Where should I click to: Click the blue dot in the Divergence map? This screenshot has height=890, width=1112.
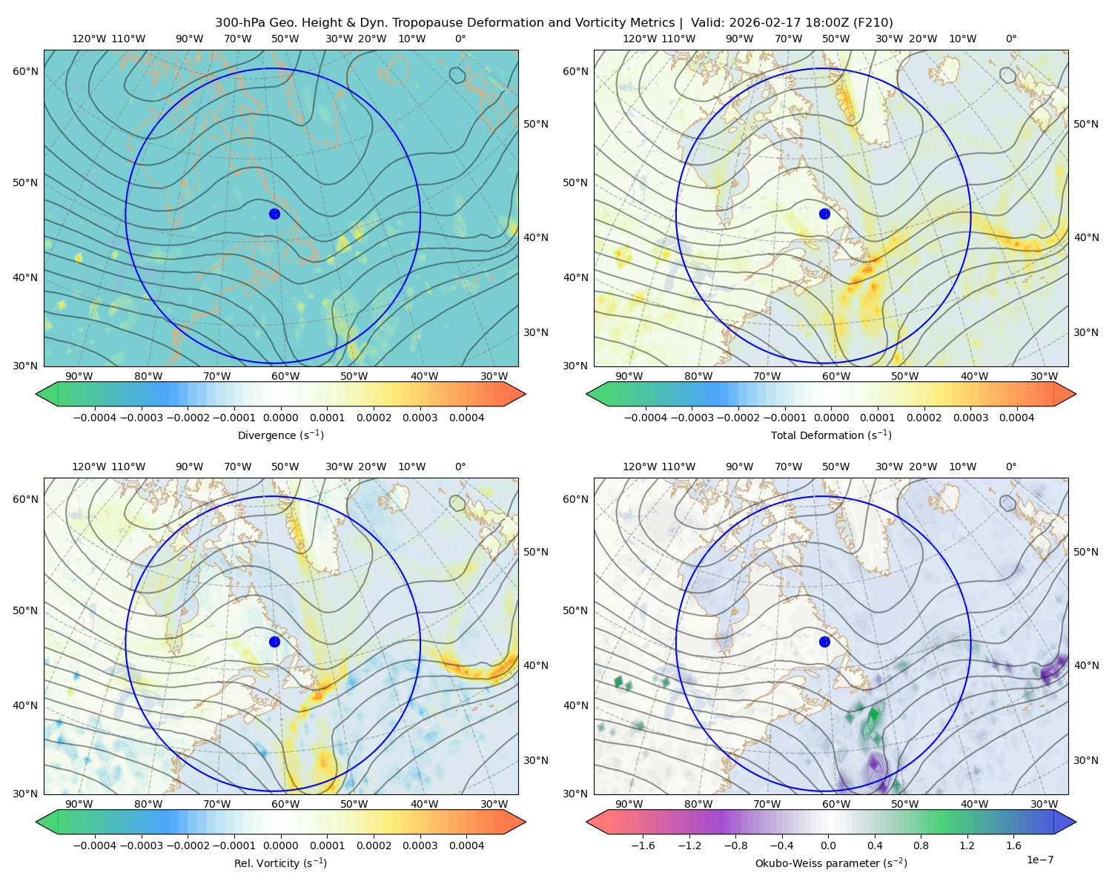coord(274,214)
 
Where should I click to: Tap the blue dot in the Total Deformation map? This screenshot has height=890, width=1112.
coord(824,214)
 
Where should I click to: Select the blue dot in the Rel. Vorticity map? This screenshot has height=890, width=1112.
coord(274,642)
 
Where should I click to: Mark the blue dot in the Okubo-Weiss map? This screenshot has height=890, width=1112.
coord(824,642)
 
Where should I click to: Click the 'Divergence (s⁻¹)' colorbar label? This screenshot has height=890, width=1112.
coord(280,435)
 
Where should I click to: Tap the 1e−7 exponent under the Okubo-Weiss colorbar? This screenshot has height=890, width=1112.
coord(1039,860)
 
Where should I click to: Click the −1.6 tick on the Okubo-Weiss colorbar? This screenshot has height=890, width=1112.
coord(643,845)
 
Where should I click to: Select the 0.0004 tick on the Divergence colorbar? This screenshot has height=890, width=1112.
coord(466,418)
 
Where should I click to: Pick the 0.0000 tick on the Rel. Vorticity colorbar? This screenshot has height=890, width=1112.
coord(280,845)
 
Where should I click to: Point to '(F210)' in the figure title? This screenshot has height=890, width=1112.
coord(874,23)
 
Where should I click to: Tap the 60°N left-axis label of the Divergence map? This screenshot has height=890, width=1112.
coord(25,71)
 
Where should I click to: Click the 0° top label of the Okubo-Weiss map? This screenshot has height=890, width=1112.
coord(1010,467)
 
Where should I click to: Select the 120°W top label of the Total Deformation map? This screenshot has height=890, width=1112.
coord(640,39)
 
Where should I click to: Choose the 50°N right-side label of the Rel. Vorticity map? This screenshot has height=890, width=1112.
coord(536,552)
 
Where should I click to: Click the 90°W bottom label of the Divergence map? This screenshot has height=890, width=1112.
coord(79,376)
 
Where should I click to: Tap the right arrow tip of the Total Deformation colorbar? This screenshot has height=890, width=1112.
coord(1076,394)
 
